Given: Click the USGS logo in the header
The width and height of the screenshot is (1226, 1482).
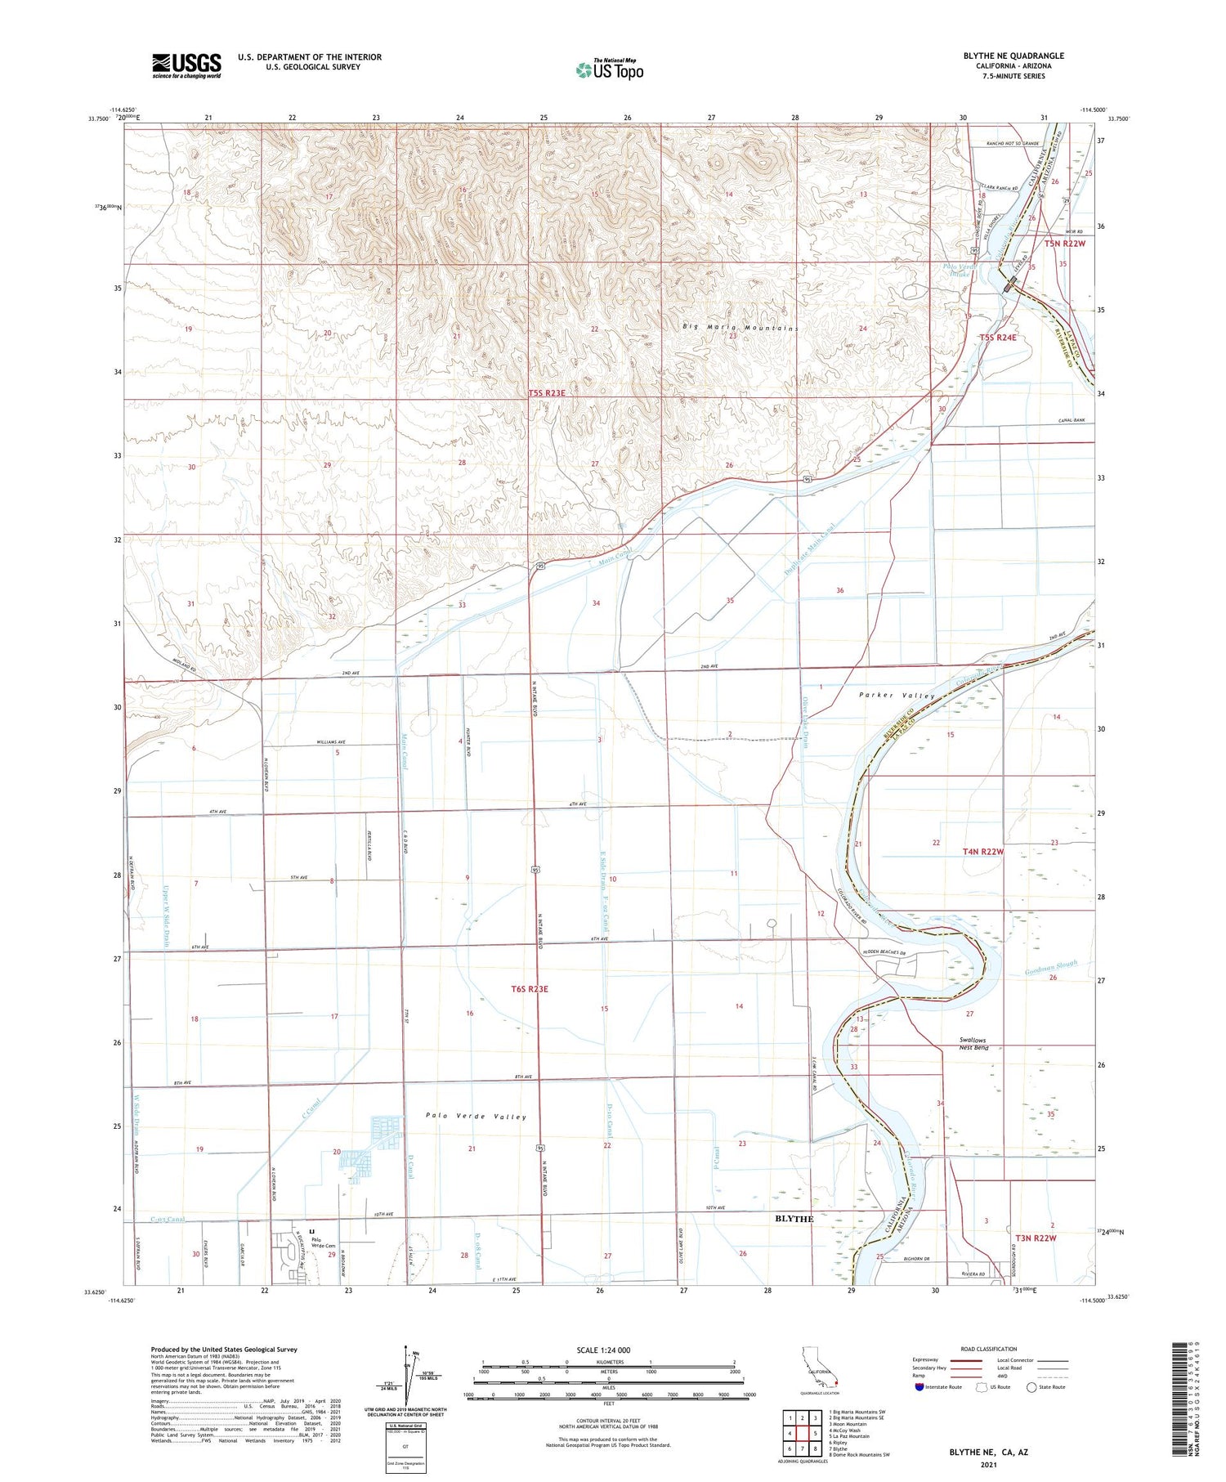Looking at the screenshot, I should click(x=186, y=65).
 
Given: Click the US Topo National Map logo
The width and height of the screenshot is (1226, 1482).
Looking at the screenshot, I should click(x=610, y=69).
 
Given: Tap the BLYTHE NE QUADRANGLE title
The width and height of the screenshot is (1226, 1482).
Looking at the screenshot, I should click(x=1013, y=56).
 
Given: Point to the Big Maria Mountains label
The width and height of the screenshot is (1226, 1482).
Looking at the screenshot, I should click(x=740, y=328).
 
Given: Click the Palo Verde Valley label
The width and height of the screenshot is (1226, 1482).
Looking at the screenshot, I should click(x=476, y=1116).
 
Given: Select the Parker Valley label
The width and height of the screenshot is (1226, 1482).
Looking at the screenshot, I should click(x=897, y=696).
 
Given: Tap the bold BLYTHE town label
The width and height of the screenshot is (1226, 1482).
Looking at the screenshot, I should click(x=794, y=1219).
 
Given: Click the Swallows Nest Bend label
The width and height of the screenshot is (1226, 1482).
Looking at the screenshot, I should click(x=973, y=1044).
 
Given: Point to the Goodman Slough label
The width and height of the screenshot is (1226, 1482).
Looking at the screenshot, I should click(x=1052, y=969).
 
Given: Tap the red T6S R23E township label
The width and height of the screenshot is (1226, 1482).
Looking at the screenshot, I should click(x=530, y=989).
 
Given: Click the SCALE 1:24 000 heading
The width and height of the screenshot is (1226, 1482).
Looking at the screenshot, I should click(x=608, y=1350).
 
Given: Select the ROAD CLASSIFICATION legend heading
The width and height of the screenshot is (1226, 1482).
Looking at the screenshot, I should click(x=988, y=1349).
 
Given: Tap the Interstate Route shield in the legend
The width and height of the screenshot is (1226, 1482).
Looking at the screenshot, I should click(x=918, y=1387).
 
